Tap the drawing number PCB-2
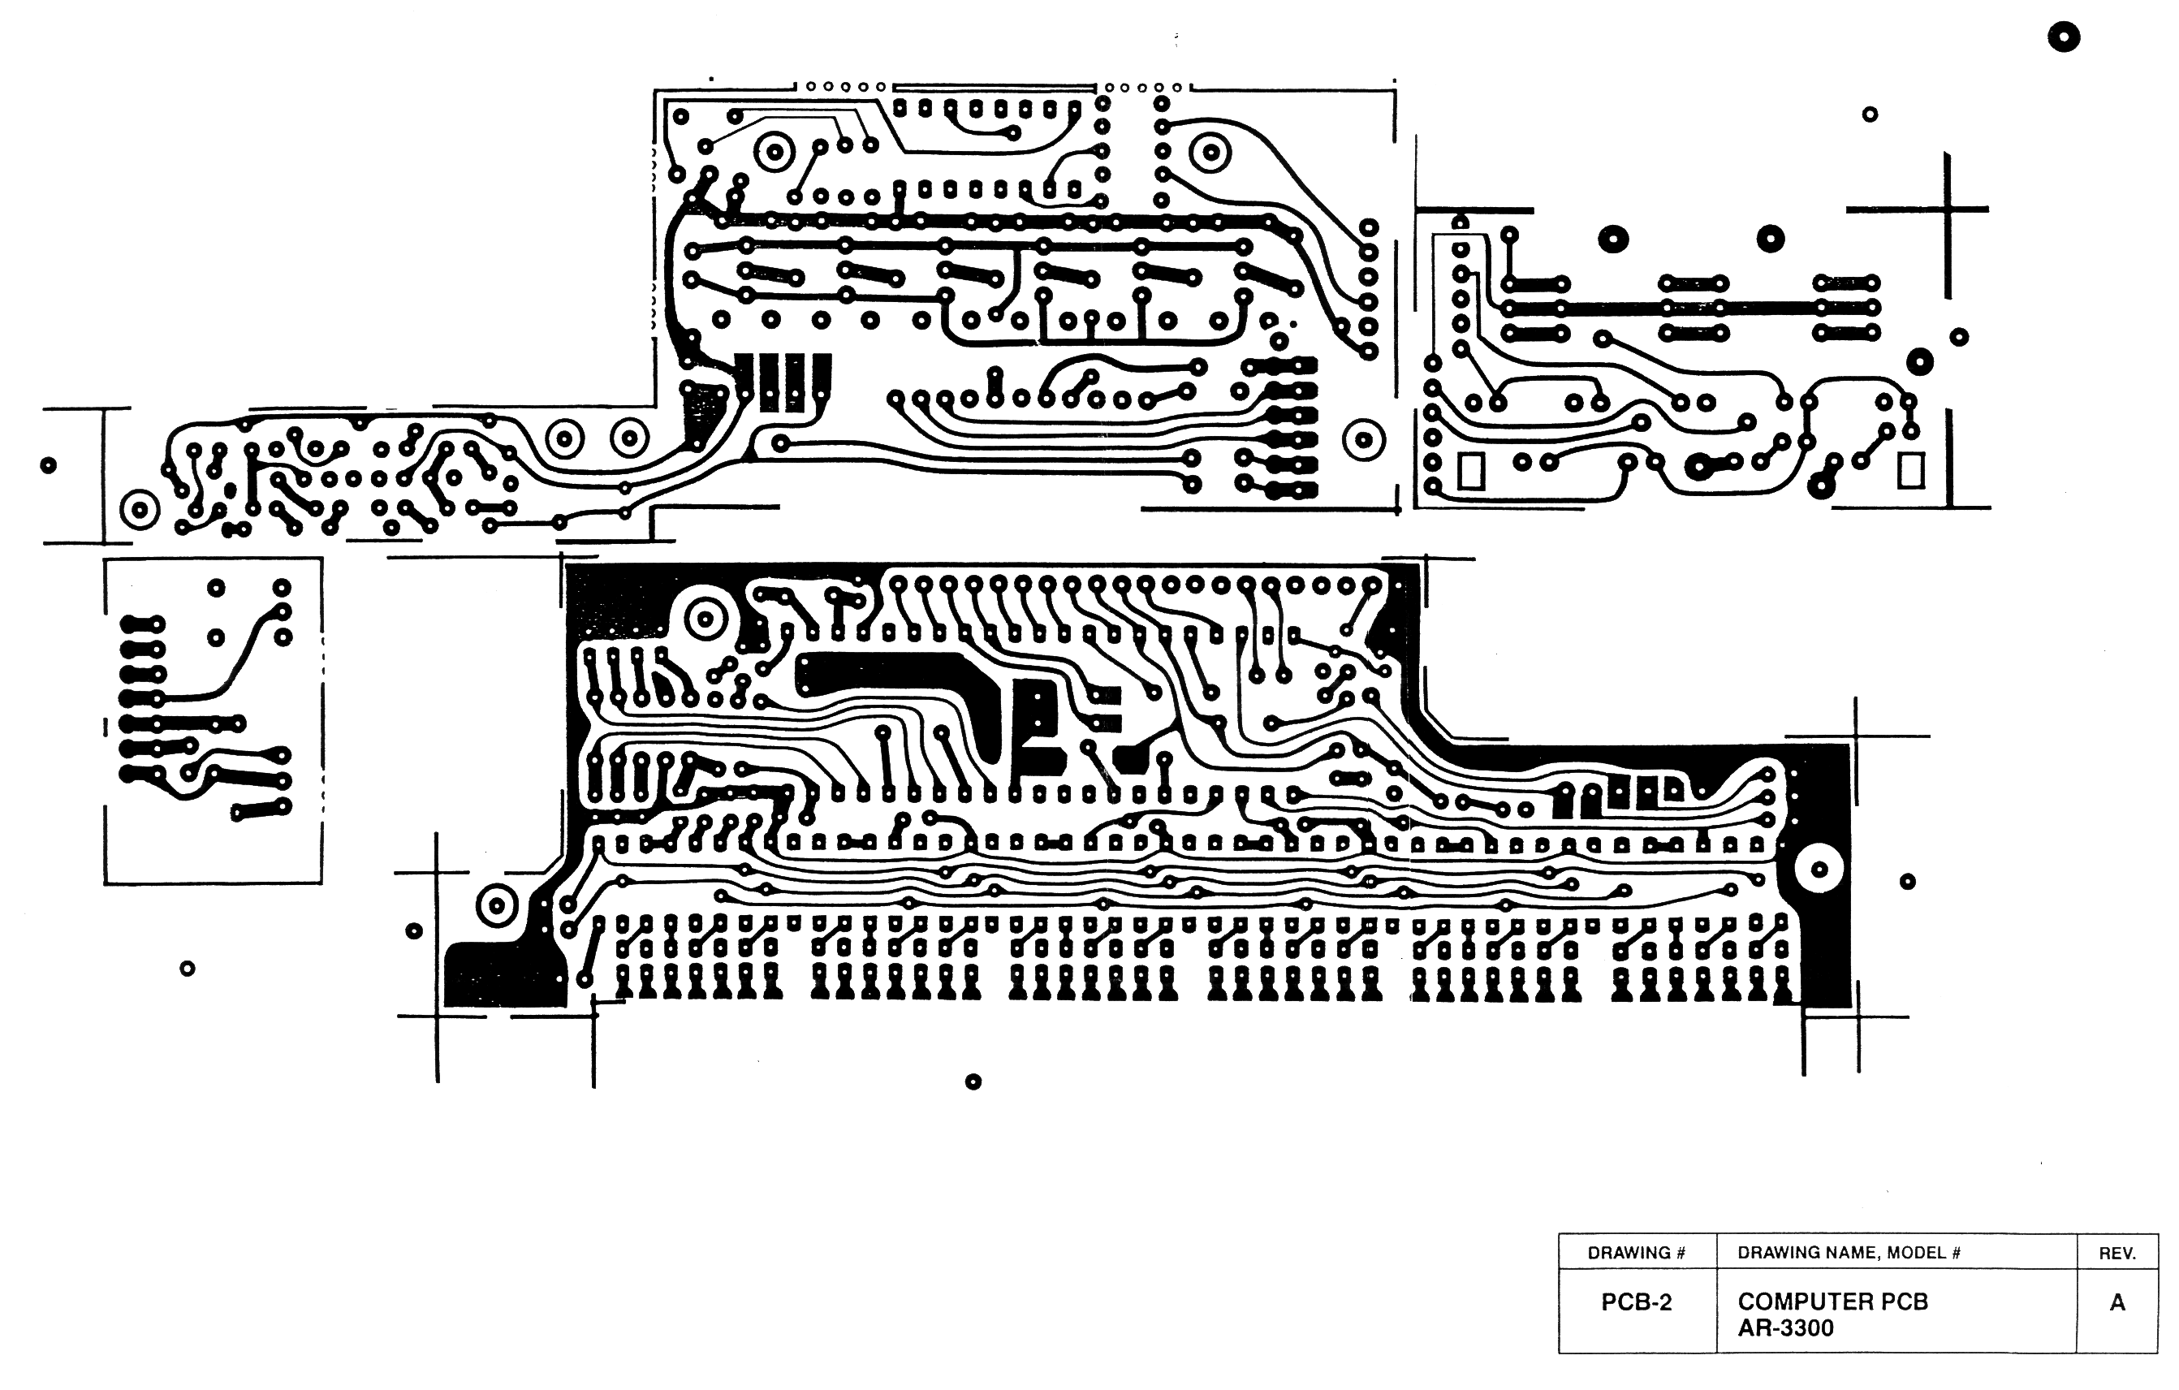1636,1302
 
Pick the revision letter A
2116,1302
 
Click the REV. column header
2116,1254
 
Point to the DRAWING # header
1636,1253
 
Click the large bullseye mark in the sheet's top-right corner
2063,37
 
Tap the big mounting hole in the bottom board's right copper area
1819,870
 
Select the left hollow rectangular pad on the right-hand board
1471,471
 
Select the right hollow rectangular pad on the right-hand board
1910,471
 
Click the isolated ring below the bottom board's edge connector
973,1081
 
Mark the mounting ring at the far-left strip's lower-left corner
140,511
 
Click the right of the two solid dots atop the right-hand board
1771,239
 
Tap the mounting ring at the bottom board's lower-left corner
496,906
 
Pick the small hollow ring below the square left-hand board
188,969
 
